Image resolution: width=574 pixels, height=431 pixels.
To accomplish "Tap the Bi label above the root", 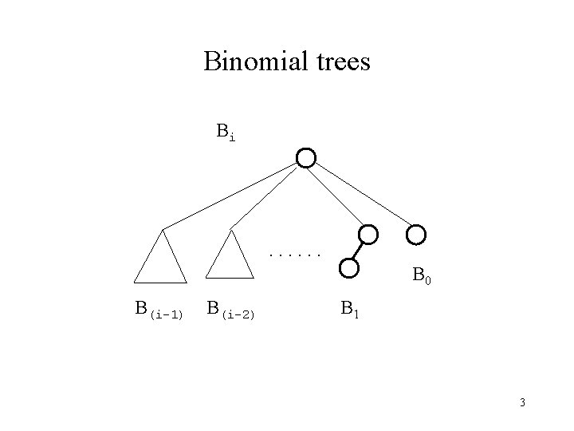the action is [226, 132].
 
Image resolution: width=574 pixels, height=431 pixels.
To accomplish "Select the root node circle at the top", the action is [306, 157].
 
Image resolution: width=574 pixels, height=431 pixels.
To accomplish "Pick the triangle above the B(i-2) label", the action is [230, 259].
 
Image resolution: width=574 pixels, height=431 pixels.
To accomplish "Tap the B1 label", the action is [349, 308].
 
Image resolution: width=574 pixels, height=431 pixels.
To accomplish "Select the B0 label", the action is [422, 277].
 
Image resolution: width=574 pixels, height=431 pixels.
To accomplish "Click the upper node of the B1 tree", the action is [368, 235].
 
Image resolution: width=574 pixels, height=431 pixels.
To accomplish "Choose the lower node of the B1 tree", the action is [348, 267].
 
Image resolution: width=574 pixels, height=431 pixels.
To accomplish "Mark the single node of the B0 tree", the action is [416, 235].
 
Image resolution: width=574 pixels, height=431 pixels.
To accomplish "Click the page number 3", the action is [522, 402].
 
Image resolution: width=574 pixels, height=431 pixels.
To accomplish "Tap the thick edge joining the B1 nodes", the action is [358, 251].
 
